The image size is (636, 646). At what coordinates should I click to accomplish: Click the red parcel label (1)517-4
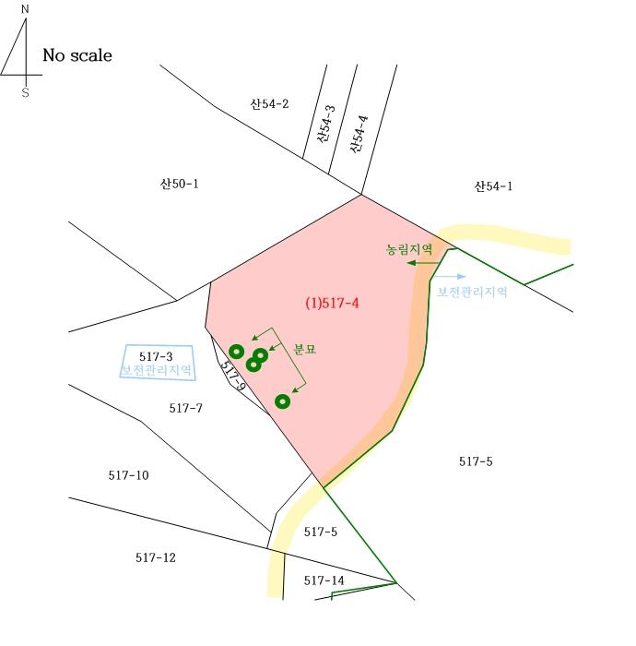pyautogui.click(x=332, y=304)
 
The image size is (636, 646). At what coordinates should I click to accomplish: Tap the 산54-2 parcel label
pyautogui.click(x=269, y=103)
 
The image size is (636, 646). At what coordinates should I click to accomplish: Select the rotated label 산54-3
pyautogui.click(x=326, y=124)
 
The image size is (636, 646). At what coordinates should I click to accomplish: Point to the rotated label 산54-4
pyautogui.click(x=359, y=135)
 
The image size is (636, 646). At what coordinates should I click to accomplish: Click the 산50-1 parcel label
pyautogui.click(x=180, y=184)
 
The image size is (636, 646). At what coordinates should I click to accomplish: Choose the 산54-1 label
pyautogui.click(x=493, y=186)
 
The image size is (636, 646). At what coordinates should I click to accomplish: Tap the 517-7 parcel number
pyautogui.click(x=186, y=408)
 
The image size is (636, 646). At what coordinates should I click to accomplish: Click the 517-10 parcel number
pyautogui.click(x=129, y=475)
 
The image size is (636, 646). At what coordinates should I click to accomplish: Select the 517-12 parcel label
pyautogui.click(x=156, y=557)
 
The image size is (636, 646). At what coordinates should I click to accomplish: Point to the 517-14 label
pyautogui.click(x=324, y=580)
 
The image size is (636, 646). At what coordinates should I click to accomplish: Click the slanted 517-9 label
pyautogui.click(x=233, y=376)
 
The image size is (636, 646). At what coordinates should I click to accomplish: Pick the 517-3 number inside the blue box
pyautogui.click(x=156, y=356)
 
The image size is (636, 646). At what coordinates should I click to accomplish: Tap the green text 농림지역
pyautogui.click(x=409, y=249)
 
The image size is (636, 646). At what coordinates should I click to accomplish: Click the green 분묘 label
pyautogui.click(x=305, y=349)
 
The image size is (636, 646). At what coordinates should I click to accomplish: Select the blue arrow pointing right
pyautogui.click(x=450, y=277)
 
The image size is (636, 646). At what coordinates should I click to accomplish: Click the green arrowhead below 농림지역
pyautogui.click(x=411, y=262)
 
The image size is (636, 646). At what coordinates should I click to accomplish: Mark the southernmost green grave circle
pyautogui.click(x=282, y=401)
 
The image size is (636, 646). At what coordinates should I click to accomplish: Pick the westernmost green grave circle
pyautogui.click(x=237, y=352)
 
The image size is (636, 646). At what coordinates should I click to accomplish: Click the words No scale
pyautogui.click(x=77, y=55)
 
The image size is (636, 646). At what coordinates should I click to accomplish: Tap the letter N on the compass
pyautogui.click(x=25, y=9)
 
